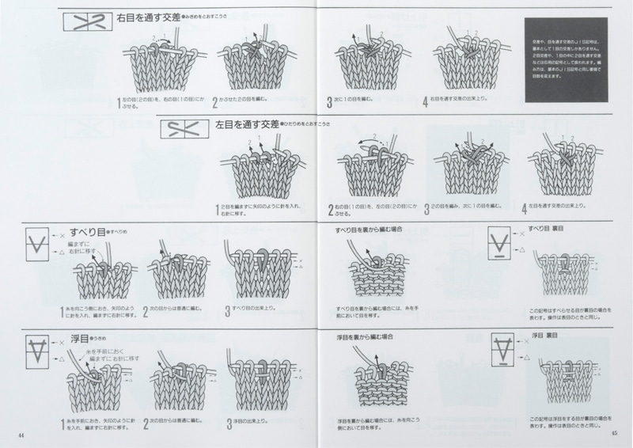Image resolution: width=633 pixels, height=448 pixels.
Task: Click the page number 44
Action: pyautogui.click(x=21, y=434)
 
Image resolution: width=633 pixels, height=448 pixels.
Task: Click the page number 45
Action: pyautogui.click(x=613, y=434)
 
